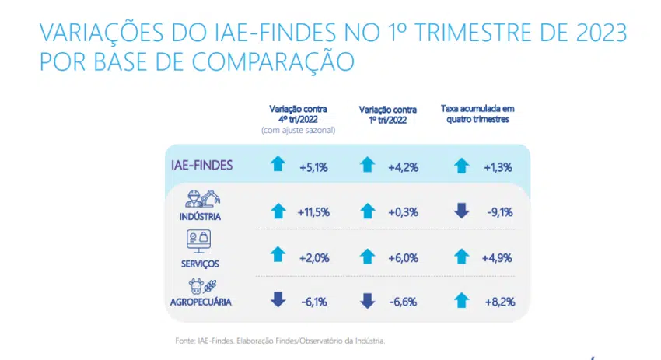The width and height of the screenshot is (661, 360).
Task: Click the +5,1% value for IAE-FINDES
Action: point(313,165)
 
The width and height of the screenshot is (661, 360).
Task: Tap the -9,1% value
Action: point(498,211)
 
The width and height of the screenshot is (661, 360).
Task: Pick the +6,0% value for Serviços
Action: point(404,257)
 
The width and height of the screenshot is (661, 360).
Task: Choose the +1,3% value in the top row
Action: point(498,165)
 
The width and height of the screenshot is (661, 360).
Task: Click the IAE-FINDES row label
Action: point(201,166)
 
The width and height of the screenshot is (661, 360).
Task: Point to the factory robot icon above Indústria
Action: point(205,200)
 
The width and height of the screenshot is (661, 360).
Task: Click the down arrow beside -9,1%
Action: point(462,211)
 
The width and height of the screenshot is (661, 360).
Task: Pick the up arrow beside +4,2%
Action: point(369,165)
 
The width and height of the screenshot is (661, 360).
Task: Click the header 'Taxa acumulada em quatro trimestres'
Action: point(477,114)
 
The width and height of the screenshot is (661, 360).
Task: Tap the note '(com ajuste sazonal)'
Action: point(298,130)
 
